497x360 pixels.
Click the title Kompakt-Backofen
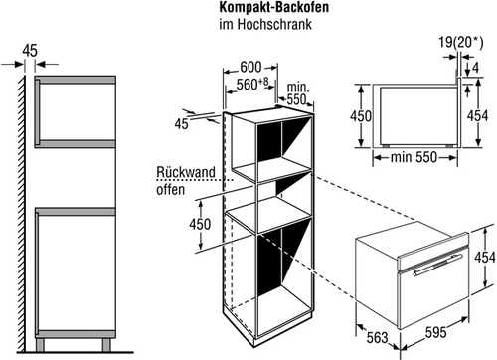coord(273,7)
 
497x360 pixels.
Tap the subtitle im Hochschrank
coord(265,24)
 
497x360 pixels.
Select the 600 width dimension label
coord(250,68)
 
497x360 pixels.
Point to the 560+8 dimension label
coord(252,85)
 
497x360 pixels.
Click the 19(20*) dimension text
coord(461,43)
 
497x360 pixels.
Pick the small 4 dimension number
coord(475,68)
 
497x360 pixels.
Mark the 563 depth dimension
coord(377,338)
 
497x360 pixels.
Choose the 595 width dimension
coord(436,332)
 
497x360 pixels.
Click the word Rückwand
coord(186,172)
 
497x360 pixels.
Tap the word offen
coord(170,190)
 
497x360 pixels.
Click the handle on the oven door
coord(438,265)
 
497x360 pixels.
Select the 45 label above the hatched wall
coord(30,51)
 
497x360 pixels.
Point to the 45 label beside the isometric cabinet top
coord(181,124)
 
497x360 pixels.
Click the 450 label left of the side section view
coord(361,116)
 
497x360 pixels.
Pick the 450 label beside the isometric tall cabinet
coord(200,224)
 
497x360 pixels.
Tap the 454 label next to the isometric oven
coord(485,258)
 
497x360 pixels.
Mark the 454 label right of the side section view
coord(477,116)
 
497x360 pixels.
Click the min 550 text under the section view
coord(414,157)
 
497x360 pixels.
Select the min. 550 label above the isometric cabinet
coord(297,93)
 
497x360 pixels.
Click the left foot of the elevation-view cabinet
coord(40,345)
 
